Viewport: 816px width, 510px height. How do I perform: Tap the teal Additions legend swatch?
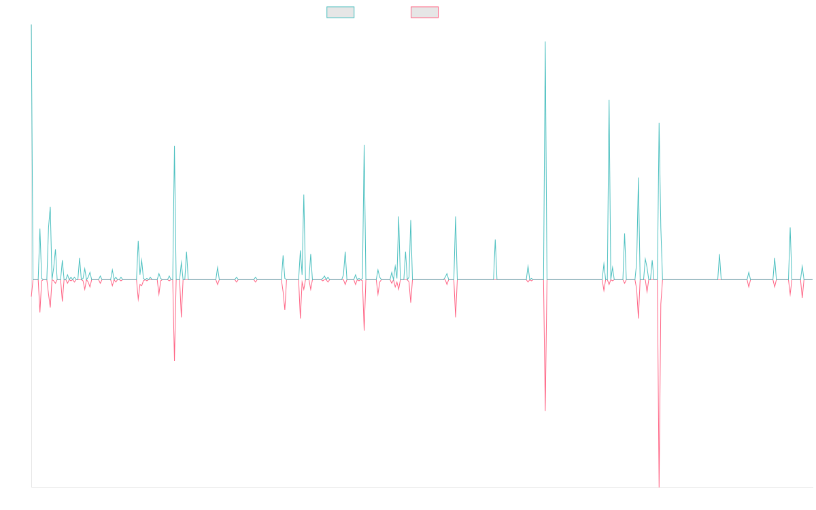pyautogui.click(x=341, y=12)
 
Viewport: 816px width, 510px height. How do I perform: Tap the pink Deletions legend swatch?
pyautogui.click(x=424, y=12)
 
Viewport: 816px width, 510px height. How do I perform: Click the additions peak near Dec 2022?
pyautogui.click(x=545, y=42)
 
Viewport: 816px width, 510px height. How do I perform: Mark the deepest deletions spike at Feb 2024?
pyautogui.click(x=659, y=486)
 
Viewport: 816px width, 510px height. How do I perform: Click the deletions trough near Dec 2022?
pyautogui.click(x=545, y=410)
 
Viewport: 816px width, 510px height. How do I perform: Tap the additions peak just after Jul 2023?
pyautogui.click(x=609, y=101)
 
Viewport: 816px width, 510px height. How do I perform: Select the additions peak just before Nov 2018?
pyautogui.click(x=175, y=146)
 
